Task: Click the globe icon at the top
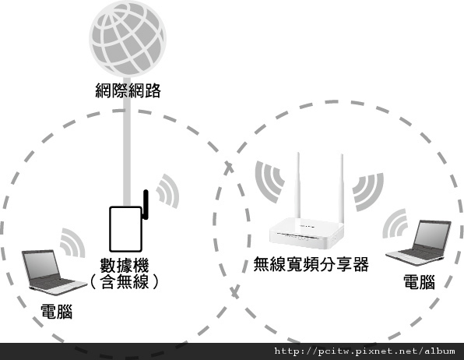coord(128,38)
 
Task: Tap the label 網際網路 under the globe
coord(128,90)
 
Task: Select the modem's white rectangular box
coord(126,229)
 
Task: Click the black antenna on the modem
coord(146,205)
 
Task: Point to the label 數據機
coord(125,265)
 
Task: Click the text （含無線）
coord(125,281)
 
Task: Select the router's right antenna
coord(342,189)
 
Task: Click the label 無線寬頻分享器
coord(311,263)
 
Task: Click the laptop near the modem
coord(54,272)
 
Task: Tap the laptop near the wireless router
coord(418,242)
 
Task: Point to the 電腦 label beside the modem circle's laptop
coord(57,312)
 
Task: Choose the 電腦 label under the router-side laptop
coord(420,282)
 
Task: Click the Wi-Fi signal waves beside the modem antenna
coord(168,191)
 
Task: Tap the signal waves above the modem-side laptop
coord(73,242)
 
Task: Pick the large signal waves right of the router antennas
coord(368,192)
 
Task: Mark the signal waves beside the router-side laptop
coord(395,224)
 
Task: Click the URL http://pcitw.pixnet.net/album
coord(364,351)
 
